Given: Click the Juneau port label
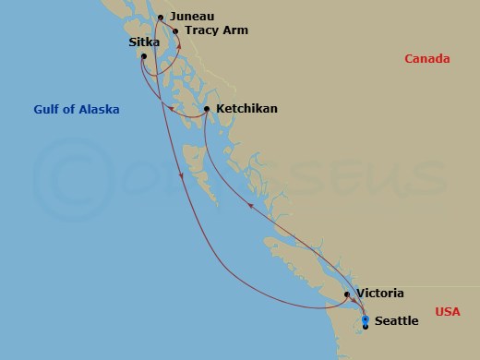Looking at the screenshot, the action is point(191,16).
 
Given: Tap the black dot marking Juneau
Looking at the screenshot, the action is point(161,18).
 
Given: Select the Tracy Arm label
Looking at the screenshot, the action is point(217,30).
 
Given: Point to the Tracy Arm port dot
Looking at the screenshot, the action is point(175,30).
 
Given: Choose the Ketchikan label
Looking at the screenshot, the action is point(248,109).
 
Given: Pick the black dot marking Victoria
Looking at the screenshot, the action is point(347,295).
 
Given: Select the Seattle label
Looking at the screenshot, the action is point(397,320).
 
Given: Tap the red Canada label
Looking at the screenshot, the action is point(427,59).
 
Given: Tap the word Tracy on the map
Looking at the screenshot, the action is point(200,30).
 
